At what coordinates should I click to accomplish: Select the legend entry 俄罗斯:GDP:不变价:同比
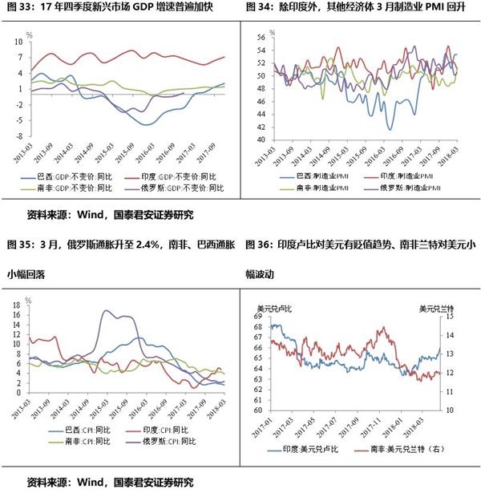point(181,188)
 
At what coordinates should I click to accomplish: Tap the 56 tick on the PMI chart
point(261,37)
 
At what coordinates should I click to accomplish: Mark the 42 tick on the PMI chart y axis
point(261,124)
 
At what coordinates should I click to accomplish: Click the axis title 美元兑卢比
point(276,307)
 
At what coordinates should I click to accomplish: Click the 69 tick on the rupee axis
point(257,317)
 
